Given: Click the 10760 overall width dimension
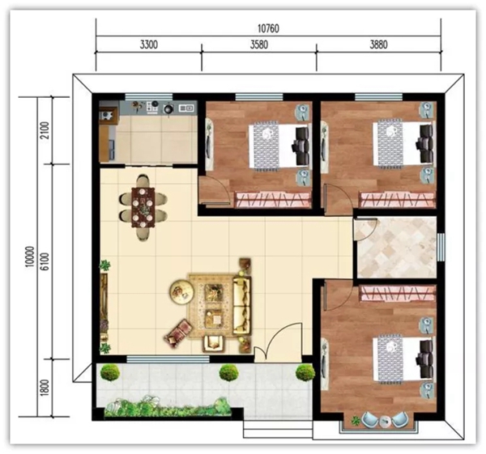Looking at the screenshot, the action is click(x=268, y=28).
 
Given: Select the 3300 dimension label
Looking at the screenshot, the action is click(x=149, y=45).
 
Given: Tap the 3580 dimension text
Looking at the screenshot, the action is click(x=259, y=45).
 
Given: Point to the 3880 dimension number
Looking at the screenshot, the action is click(x=379, y=45).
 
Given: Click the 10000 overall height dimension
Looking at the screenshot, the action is click(x=29, y=257).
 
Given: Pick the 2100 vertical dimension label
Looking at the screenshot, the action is click(x=45, y=130).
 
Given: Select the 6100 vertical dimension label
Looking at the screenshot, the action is click(x=45, y=261).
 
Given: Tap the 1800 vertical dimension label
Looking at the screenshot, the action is click(x=45, y=388).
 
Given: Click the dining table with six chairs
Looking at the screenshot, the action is click(x=143, y=207).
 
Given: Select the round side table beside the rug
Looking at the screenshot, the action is click(x=182, y=291).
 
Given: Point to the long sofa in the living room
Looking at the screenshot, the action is click(x=241, y=306).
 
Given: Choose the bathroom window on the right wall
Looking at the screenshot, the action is click(x=441, y=247).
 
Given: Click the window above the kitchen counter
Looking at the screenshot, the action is click(x=148, y=96).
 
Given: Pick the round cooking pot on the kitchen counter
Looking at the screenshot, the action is click(x=168, y=108).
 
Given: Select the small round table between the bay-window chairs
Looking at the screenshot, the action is click(x=386, y=421).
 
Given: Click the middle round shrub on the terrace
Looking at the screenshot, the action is click(x=228, y=373).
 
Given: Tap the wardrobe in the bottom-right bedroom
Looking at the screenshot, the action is click(x=398, y=293).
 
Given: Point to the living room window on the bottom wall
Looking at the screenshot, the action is click(x=168, y=359).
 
